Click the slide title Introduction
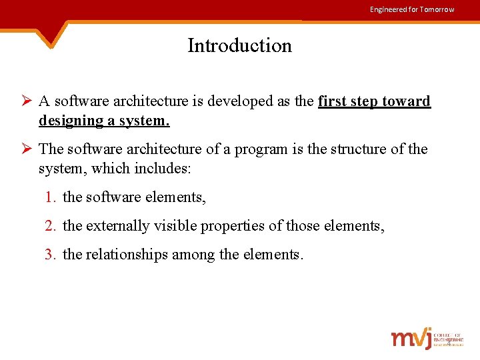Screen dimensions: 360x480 click(x=239, y=45)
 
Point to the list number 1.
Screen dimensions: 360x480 click(x=51, y=197)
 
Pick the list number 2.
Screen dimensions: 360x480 click(x=51, y=226)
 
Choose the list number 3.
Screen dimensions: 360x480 click(x=51, y=254)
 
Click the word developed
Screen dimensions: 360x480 click(x=235, y=101)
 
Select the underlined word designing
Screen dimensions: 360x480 click(x=68, y=121)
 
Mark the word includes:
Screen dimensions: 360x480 click(x=163, y=169)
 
